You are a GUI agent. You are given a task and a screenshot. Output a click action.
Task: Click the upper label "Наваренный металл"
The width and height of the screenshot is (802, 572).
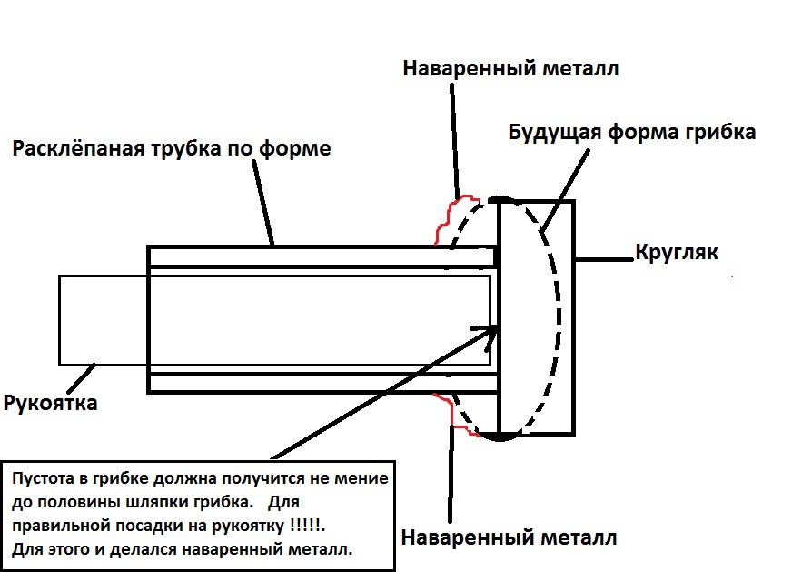click(511, 68)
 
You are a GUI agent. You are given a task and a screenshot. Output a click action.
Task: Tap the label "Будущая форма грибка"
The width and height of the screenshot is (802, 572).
click(631, 132)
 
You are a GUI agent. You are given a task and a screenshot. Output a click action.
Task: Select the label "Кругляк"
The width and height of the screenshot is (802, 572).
click(676, 252)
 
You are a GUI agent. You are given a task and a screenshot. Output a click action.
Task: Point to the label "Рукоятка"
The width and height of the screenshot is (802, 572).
click(51, 403)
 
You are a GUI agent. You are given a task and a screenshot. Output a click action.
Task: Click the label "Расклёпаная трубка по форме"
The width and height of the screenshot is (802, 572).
click(172, 148)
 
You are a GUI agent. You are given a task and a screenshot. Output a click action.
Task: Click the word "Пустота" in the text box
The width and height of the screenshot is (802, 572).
click(46, 478)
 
